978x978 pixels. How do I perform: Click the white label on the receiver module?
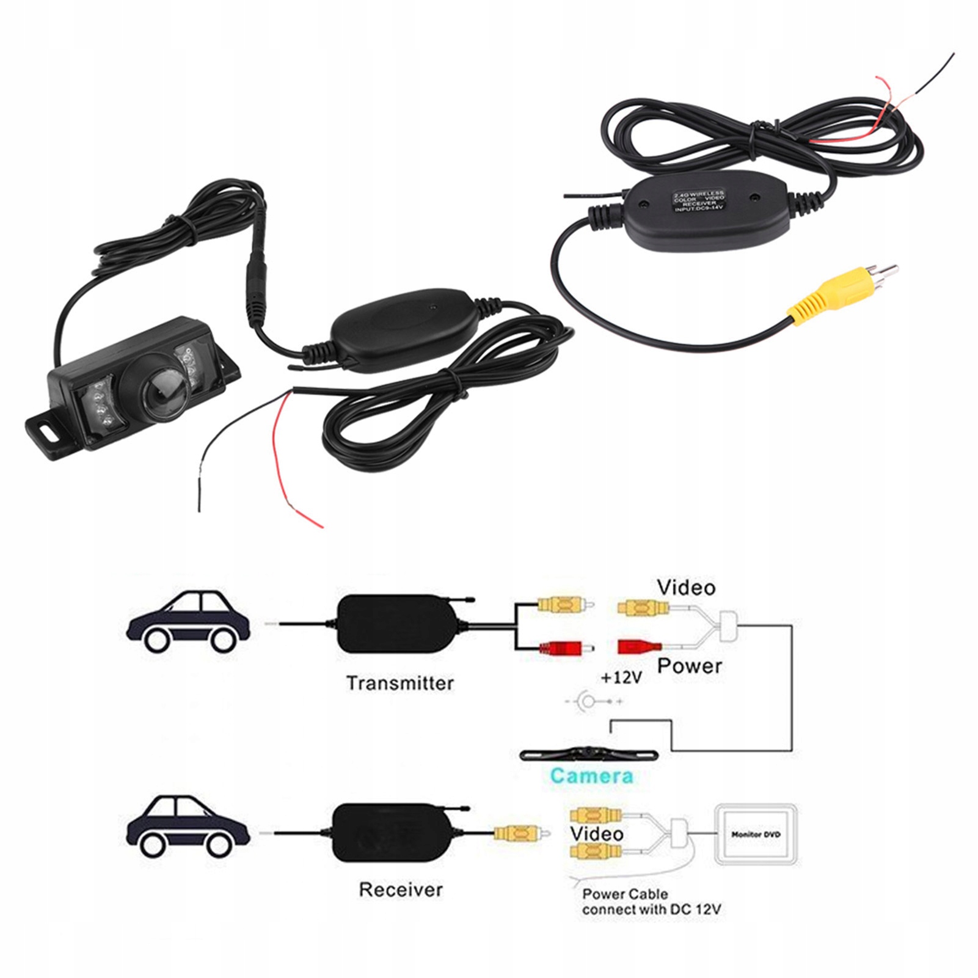pos(699,201)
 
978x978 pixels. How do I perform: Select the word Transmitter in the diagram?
pos(400,683)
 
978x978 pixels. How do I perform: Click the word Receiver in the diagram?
pos(400,889)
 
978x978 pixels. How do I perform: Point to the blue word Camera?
pos(591,776)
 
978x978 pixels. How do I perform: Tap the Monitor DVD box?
pos(756,834)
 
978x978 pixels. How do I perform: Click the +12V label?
pos(621,677)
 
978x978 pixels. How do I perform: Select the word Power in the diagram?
pos(690,666)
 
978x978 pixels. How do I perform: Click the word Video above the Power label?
pos(686,588)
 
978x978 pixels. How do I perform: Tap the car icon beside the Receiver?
pos(189,827)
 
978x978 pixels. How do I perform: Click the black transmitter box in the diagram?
pos(398,624)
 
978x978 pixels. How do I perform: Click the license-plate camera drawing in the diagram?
pos(589,754)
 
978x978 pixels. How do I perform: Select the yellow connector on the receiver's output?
pos(518,833)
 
